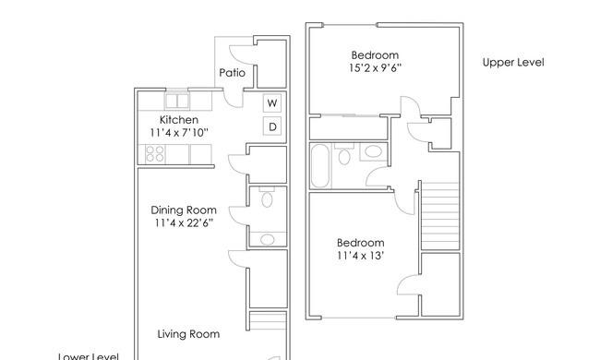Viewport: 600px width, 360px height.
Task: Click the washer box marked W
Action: click(272, 102)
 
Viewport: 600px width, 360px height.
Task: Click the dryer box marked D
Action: click(272, 126)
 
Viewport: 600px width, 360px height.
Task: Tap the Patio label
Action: click(233, 73)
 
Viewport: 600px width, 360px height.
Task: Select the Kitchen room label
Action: click(179, 120)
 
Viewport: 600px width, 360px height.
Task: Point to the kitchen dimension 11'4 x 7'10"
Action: click(179, 133)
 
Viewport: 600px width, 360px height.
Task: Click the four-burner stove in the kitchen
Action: click(155, 154)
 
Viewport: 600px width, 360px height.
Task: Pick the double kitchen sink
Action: click(177, 101)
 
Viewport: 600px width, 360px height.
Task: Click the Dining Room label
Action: click(184, 210)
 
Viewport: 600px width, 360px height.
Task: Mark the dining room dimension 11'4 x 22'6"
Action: click(184, 222)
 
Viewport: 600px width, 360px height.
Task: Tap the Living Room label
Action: click(188, 334)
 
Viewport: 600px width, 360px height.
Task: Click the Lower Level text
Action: click(89, 356)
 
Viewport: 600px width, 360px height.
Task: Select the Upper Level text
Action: click(513, 63)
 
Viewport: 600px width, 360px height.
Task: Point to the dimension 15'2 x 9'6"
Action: click(375, 67)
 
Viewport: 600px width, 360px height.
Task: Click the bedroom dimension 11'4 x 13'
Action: click(360, 255)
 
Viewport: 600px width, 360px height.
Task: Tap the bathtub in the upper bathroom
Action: click(320, 165)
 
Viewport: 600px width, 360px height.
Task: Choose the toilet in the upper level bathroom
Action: click(344, 154)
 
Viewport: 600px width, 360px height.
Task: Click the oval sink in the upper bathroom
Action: click(374, 151)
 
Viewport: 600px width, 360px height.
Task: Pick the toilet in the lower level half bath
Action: click(267, 197)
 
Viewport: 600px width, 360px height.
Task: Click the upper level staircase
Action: click(440, 216)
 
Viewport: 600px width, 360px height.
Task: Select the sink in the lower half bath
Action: click(268, 239)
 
